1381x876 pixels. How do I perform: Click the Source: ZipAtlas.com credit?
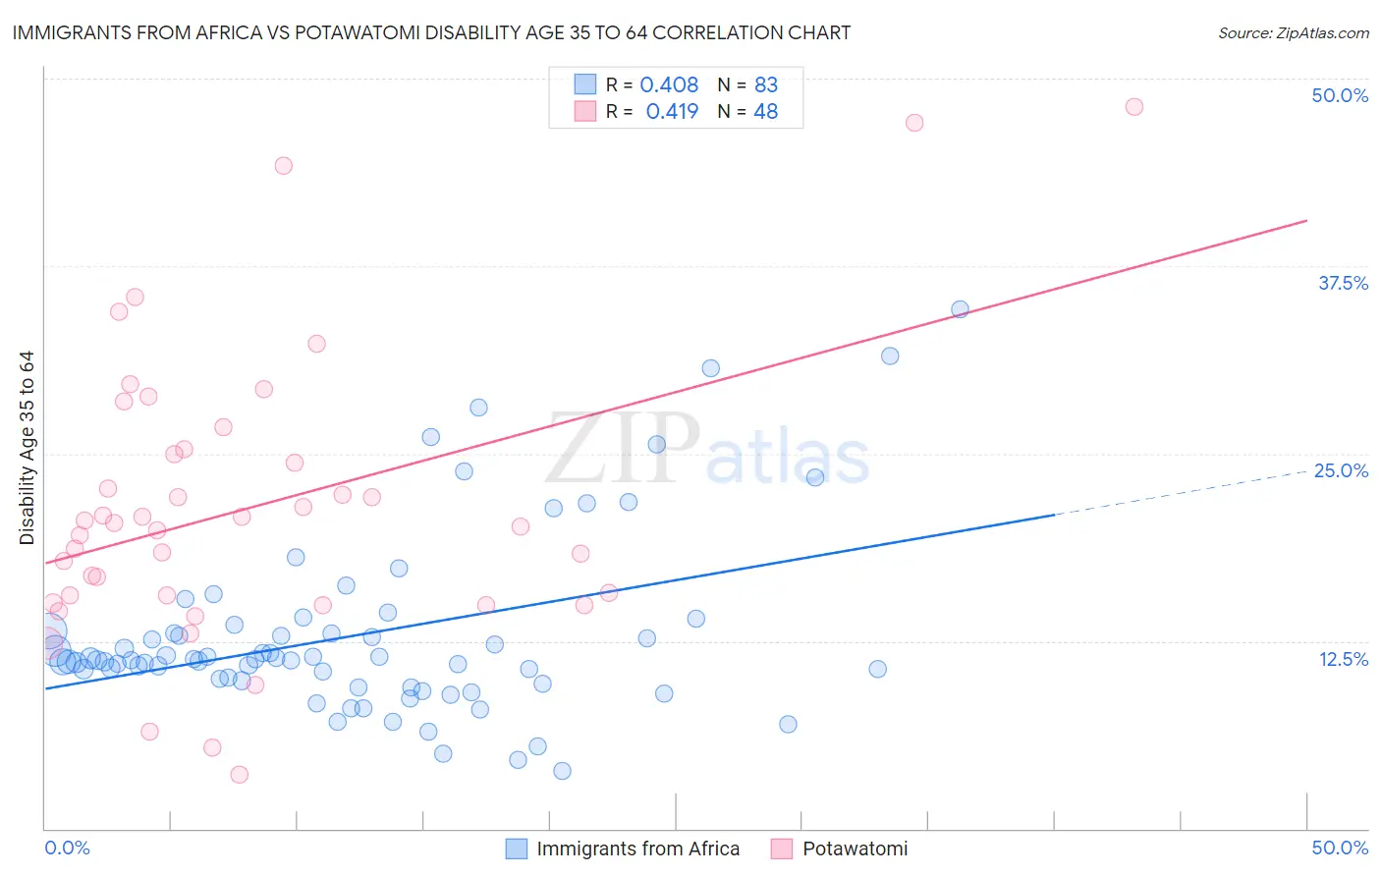tap(1293, 32)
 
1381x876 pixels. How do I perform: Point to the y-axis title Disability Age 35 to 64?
tap(27, 447)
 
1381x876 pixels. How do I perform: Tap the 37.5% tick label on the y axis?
tap(1343, 283)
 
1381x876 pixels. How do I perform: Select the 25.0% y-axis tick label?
tap(1341, 470)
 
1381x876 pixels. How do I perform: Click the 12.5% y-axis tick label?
tap(1343, 659)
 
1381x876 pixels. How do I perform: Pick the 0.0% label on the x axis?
tap(67, 848)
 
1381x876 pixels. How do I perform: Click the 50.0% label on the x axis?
tap(1340, 848)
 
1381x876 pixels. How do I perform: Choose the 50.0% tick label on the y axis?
tap(1340, 95)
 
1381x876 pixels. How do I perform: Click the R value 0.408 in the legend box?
tap(669, 85)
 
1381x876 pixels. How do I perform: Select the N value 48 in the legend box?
tap(765, 112)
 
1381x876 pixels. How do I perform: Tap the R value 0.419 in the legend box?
tap(672, 112)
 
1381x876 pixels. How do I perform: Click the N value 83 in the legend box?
tap(766, 85)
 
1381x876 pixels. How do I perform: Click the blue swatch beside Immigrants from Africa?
tap(517, 849)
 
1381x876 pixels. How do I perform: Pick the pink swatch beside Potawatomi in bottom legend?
tap(782, 849)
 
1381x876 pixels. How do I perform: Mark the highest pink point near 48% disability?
tap(1133, 106)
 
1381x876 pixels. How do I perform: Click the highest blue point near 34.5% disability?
tap(960, 309)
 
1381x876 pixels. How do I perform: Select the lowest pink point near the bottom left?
tap(239, 775)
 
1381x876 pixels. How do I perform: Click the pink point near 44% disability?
tap(283, 165)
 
